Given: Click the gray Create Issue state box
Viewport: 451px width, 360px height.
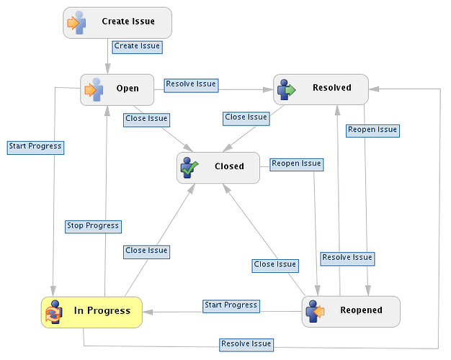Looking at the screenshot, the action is click(117, 23).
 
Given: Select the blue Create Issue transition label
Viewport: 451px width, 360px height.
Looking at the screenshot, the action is click(137, 47).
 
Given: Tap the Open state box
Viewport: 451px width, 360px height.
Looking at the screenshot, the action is click(117, 90).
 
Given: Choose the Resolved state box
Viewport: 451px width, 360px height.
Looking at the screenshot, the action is click(321, 89).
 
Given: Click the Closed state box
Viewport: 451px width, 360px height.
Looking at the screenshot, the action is click(218, 168).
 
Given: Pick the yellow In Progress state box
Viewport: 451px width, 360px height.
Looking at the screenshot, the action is click(91, 312).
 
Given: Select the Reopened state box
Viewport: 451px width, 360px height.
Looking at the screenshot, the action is click(351, 312).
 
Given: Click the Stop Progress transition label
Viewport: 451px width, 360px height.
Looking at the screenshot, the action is click(93, 227).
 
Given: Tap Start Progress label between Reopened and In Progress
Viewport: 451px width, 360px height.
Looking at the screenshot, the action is click(231, 306).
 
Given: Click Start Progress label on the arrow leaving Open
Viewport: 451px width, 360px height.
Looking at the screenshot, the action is click(35, 148).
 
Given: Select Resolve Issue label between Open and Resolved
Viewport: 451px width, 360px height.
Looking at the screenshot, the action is click(191, 86).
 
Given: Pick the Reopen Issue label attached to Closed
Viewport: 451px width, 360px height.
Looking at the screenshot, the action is click(297, 164).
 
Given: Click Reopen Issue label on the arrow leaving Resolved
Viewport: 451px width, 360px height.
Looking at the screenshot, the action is click(372, 130).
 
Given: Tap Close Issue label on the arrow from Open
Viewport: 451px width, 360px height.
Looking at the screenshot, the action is click(146, 120).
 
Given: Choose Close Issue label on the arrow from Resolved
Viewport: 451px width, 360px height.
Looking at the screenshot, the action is click(246, 119).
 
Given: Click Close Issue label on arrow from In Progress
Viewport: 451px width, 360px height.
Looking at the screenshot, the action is click(146, 252).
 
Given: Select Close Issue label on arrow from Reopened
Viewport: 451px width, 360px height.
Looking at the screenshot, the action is click(275, 266).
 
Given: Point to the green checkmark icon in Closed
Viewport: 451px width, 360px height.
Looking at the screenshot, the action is click(190, 168).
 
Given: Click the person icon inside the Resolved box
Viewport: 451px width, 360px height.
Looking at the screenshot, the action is click(286, 90).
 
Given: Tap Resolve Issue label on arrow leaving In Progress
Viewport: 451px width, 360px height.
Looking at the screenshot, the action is click(246, 344).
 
